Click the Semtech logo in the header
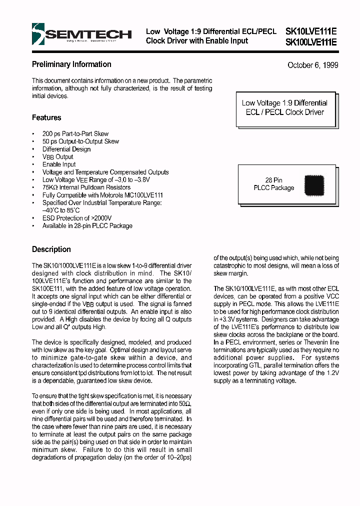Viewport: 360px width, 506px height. point(81,35)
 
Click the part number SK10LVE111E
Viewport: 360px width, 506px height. point(310,31)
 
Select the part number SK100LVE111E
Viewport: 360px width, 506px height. point(310,42)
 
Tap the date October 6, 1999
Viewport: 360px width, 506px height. point(312,65)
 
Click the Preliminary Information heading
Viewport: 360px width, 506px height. point(71,64)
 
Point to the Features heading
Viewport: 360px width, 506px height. point(46,117)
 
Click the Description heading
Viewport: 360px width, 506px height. point(51,249)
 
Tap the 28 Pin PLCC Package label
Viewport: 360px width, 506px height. point(274,184)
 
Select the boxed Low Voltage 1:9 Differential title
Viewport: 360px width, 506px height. point(284,107)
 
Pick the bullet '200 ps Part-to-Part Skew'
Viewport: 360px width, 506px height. point(75,134)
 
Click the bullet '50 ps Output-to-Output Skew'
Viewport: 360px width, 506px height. point(80,141)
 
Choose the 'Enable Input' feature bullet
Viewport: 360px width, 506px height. point(59,164)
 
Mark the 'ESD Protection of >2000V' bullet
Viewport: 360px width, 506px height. point(77,218)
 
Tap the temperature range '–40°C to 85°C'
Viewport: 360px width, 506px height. point(61,210)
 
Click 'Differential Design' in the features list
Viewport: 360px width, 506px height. point(66,149)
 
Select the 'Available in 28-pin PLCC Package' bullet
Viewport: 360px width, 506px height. point(87,226)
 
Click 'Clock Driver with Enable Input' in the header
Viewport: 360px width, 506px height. point(197,41)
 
